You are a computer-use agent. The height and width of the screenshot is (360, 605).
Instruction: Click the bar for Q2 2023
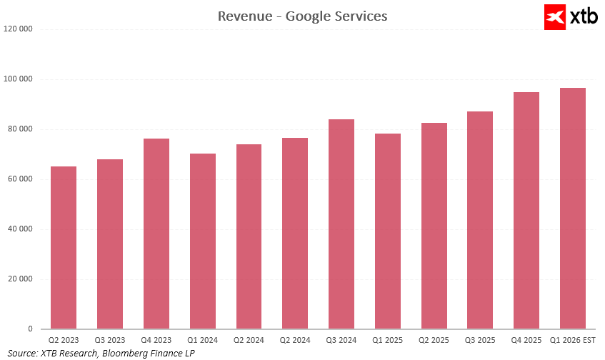coord(64,248)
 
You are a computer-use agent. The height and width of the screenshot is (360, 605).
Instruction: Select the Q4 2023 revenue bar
coord(156,234)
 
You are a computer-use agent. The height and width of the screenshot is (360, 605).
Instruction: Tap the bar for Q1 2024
coord(203,241)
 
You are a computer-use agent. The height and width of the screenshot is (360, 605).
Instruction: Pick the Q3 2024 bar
coord(341,224)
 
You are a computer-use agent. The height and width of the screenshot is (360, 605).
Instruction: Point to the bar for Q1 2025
coord(388,231)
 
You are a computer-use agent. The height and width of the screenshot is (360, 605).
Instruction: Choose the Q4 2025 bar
coord(526,211)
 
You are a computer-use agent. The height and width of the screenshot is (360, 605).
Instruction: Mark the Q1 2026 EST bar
coord(573,209)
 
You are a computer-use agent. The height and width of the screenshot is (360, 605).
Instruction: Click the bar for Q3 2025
coord(480,220)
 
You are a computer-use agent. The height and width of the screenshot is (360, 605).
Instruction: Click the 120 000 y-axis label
coord(19,29)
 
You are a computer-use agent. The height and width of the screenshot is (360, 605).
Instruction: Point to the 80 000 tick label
coord(20,129)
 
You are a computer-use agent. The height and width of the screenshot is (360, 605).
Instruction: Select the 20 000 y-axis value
coord(20,279)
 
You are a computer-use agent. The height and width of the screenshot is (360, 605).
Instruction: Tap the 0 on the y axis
coord(31,329)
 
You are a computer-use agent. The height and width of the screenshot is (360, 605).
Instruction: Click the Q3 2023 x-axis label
coord(110,340)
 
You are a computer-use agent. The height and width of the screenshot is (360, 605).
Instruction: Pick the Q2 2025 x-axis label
coord(434,340)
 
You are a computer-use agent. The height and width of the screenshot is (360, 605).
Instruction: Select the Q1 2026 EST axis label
coord(572,340)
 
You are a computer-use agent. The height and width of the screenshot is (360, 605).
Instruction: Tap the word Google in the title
coord(308,16)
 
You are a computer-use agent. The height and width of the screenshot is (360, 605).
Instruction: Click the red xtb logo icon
coord(555,16)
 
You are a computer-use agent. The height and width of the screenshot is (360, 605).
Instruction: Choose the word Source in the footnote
coord(22,353)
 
